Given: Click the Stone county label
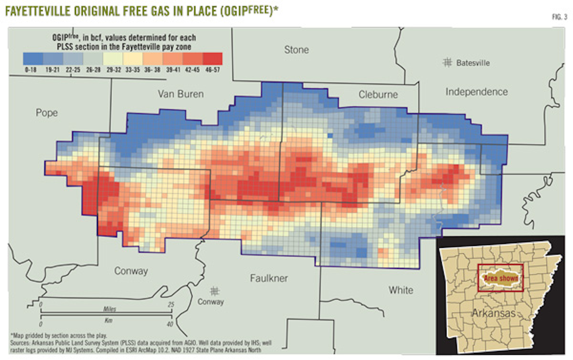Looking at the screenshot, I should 296,50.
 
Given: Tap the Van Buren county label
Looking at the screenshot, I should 181,94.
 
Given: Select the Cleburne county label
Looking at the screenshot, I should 378,95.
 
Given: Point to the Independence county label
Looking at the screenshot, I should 476,92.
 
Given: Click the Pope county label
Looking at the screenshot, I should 47,113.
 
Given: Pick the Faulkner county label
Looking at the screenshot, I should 269,278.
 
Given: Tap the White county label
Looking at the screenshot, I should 401,290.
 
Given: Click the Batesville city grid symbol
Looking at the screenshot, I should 447,62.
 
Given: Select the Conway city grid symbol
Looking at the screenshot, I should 214,291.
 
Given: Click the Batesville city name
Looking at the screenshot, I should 473,63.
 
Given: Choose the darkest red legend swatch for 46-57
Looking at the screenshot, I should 212,59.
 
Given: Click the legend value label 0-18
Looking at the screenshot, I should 31,70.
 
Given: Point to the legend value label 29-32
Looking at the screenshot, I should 113,70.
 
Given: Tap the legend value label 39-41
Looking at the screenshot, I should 173,70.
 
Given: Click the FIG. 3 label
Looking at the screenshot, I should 559,17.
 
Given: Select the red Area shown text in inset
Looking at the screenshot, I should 501,278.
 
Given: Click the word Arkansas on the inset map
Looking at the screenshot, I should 493,313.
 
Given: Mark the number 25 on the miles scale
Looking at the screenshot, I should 171,304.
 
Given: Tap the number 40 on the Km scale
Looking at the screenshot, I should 170,324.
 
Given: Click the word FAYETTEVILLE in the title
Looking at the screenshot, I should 38,11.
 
